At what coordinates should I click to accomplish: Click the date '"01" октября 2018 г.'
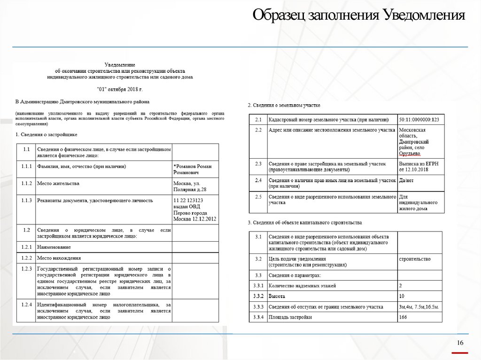point(119,89)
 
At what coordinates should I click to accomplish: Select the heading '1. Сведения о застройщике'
point(46,135)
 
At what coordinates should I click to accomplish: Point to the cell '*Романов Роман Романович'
point(193,169)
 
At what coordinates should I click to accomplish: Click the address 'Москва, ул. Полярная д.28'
point(190,186)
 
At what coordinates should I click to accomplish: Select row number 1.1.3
point(26,200)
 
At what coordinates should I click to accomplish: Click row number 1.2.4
point(26,305)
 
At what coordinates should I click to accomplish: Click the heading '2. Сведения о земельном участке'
point(284,106)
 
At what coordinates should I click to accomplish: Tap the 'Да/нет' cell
point(406,180)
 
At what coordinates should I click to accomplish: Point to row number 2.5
point(258,197)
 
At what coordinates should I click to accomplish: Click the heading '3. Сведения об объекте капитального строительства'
point(304,222)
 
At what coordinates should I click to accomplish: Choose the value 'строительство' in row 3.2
point(414,259)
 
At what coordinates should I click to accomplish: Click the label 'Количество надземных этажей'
point(302,285)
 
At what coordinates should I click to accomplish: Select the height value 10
point(402,296)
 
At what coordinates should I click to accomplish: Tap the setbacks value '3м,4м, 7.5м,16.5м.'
point(419,307)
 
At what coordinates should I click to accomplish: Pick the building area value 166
point(403,317)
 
